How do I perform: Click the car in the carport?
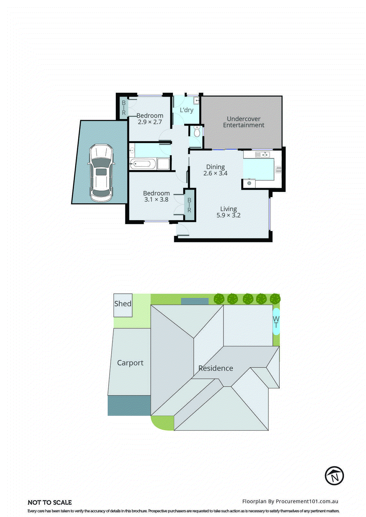101,173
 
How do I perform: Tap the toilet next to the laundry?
197,132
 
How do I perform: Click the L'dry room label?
187,110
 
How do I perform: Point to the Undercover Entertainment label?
243,122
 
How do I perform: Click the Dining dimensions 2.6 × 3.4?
215,173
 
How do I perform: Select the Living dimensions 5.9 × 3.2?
228,215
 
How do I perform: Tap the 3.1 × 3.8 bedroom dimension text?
156,199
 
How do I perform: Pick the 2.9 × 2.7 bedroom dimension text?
150,122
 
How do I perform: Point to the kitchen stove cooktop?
278,169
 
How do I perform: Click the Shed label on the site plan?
123,304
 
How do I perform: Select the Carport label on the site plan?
130,363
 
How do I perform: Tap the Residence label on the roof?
215,368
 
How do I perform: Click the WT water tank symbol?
276,322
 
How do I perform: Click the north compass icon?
334,476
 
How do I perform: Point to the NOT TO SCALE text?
50,502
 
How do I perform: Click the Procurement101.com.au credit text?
290,501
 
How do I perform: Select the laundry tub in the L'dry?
196,100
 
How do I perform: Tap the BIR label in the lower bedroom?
189,205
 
